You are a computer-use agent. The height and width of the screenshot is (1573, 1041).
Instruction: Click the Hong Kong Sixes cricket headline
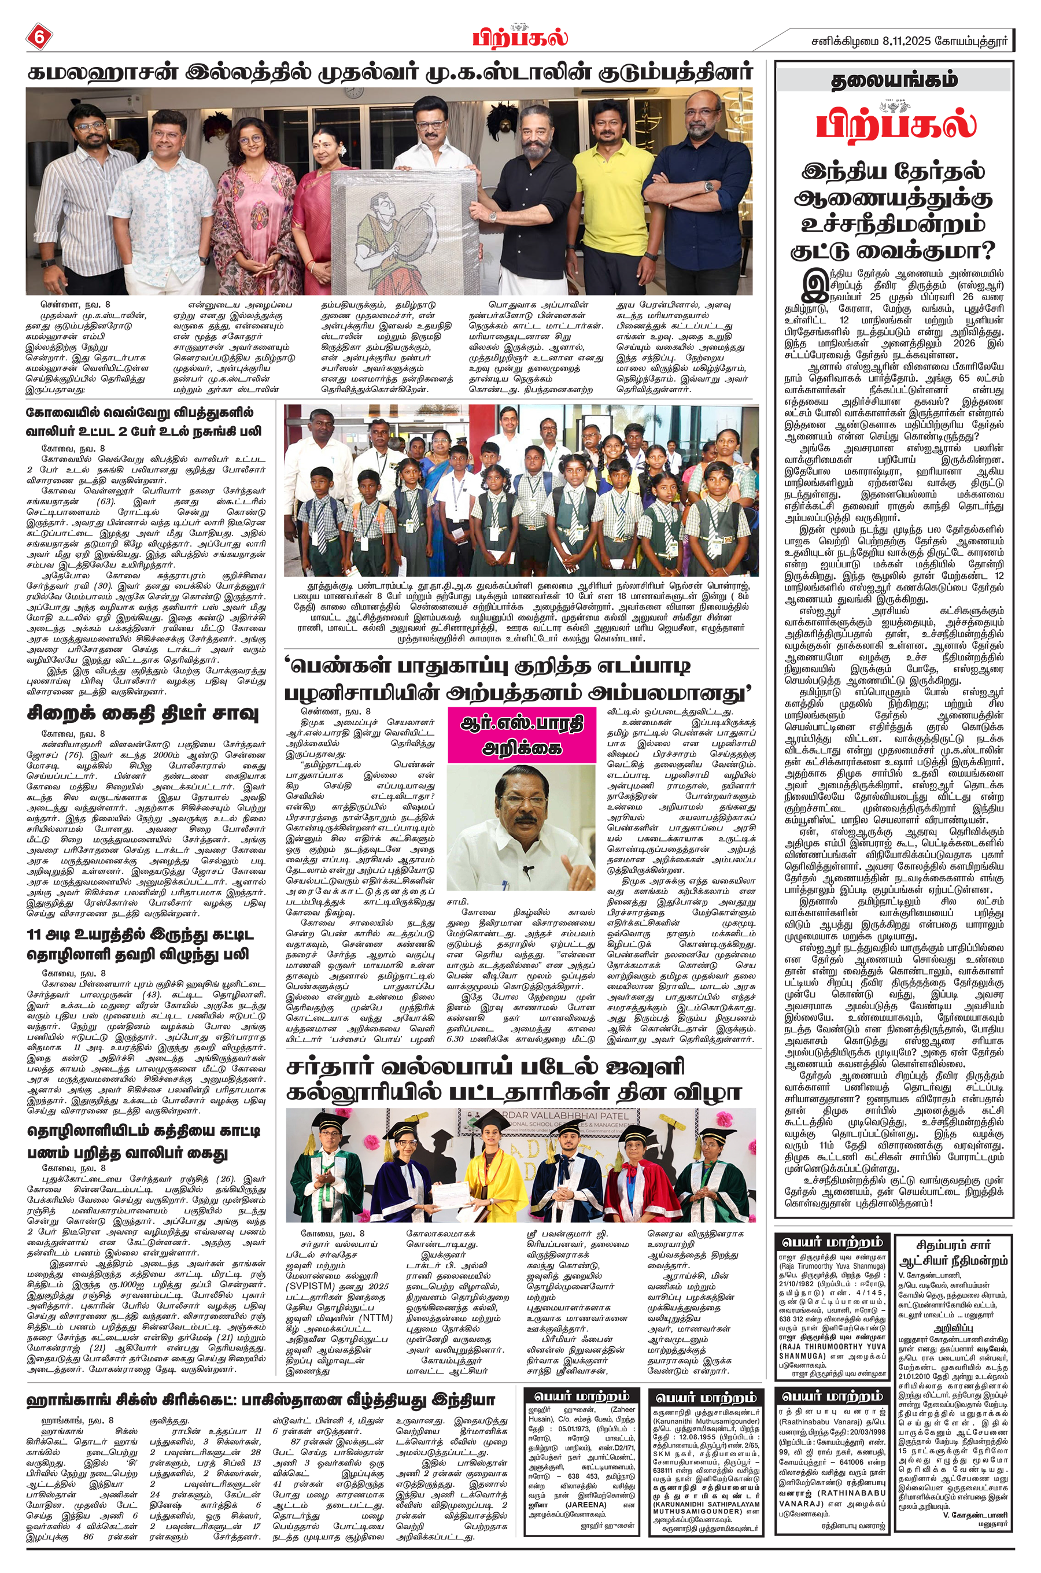click(260, 1381)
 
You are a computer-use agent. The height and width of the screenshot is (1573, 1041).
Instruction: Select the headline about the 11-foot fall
click(139, 944)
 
